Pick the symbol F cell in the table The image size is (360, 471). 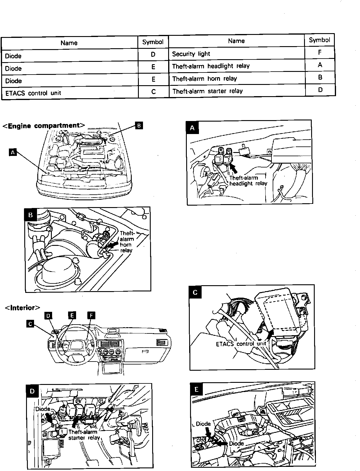(320, 53)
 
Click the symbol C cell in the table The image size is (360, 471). (153, 92)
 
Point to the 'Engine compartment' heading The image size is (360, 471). (44, 126)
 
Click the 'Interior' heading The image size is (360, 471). (22, 308)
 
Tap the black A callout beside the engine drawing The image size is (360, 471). (12, 152)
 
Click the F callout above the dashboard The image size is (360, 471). (91, 316)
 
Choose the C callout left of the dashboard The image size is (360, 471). (30, 324)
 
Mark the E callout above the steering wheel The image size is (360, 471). (71, 315)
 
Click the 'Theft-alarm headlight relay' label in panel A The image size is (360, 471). (248, 180)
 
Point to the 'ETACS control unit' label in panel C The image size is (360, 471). (241, 344)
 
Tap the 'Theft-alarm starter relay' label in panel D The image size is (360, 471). (84, 435)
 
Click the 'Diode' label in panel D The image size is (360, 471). (43, 409)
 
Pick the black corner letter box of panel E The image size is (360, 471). (197, 389)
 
